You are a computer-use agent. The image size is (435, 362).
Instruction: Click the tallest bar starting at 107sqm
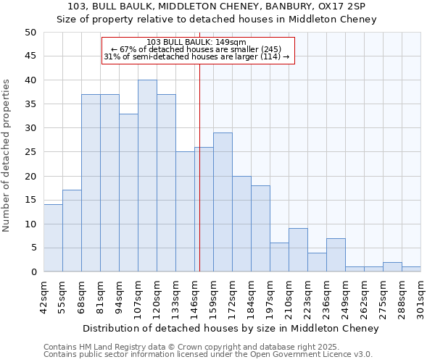pyautogui.click(x=147, y=176)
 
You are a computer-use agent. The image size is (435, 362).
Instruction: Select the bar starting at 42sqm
pyautogui.click(x=53, y=238)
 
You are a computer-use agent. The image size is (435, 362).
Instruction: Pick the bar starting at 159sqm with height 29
pyautogui.click(x=223, y=202)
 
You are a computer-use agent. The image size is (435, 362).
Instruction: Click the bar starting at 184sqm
pyautogui.click(x=260, y=229)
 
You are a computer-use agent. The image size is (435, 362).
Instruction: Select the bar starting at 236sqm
pyautogui.click(x=336, y=255)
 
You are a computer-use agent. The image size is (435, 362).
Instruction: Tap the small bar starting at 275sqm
pyautogui.click(x=392, y=267)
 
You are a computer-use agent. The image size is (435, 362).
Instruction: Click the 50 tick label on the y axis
pyautogui.click(x=30, y=33)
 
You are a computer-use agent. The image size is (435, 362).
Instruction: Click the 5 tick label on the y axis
pyautogui.click(x=33, y=248)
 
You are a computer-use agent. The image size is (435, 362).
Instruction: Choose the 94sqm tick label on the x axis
pyautogui.click(x=119, y=297)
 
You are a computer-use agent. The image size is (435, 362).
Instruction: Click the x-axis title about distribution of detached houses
pyautogui.click(x=231, y=329)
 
